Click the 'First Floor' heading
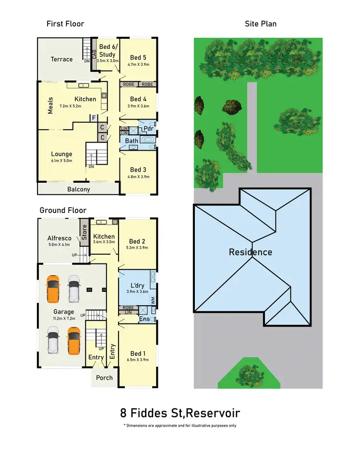(65, 24)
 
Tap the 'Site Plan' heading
(261, 24)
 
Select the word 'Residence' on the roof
(250, 252)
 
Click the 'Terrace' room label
(62, 60)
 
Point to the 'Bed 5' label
(138, 58)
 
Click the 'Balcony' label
(78, 189)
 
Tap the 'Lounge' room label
(61, 154)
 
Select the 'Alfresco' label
(60, 238)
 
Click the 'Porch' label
(104, 378)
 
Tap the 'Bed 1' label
(137, 353)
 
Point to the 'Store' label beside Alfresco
(84, 232)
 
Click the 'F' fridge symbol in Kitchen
(94, 118)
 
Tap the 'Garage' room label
(64, 311)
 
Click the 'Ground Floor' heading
(63, 210)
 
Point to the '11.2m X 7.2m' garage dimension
(64, 318)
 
